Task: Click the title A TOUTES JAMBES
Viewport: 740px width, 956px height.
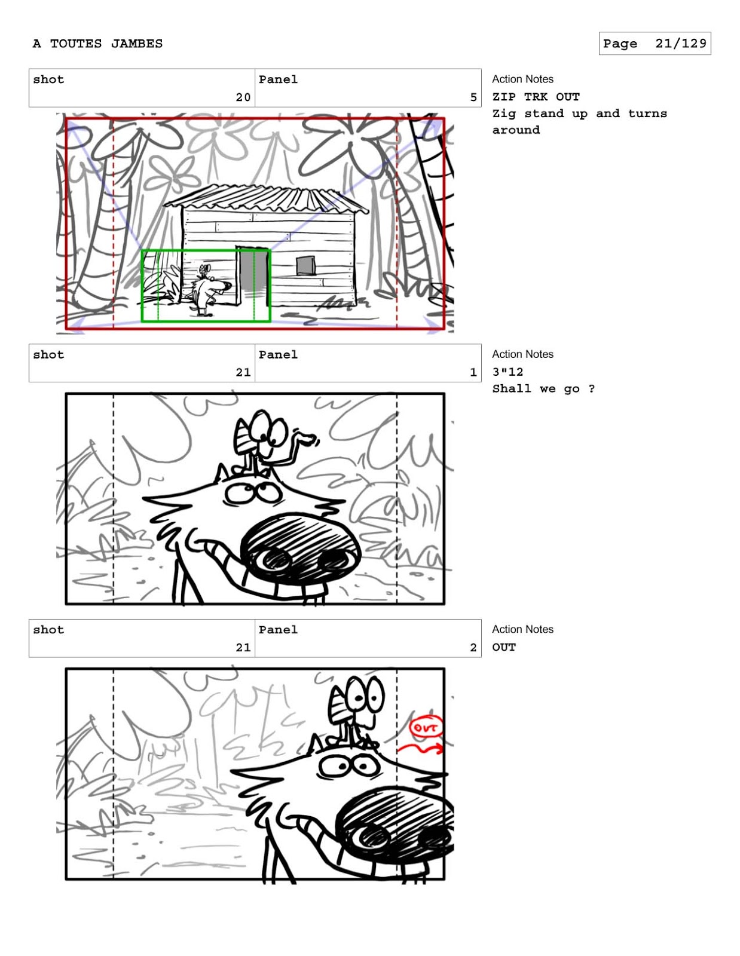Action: (97, 44)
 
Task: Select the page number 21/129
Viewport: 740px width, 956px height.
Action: (680, 43)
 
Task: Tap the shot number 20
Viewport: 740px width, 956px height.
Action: (243, 97)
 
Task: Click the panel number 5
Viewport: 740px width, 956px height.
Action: (473, 97)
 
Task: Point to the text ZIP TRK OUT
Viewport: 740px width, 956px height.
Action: (536, 97)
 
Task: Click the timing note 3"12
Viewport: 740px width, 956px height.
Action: (507, 372)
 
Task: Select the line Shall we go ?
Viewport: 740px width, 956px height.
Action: (543, 389)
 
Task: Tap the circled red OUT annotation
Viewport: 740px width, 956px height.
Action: (426, 728)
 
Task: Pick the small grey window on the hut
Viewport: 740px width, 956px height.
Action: (305, 266)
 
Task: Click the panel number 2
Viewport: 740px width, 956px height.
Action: (473, 648)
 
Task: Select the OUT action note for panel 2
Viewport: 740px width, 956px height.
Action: (503, 647)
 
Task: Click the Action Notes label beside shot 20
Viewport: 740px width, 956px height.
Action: (522, 79)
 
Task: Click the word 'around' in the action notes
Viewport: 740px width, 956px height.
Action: (516, 130)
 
